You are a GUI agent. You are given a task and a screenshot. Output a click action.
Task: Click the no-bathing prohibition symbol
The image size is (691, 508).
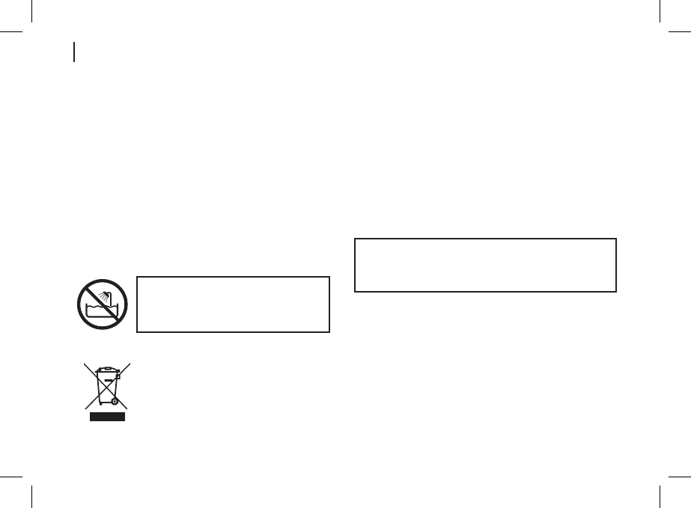(x=102, y=305)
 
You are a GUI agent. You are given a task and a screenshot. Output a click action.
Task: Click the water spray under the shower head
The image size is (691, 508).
(x=102, y=298)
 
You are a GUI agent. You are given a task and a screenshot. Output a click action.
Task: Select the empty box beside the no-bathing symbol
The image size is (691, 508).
(x=233, y=304)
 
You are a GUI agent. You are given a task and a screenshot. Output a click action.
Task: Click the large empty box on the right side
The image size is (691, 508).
(x=484, y=265)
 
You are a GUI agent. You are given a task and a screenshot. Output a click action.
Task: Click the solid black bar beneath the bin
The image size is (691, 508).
(x=106, y=417)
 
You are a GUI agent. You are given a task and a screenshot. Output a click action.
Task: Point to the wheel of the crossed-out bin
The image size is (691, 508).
(x=114, y=402)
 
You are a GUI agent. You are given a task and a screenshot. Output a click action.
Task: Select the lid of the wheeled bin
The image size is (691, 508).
(x=106, y=370)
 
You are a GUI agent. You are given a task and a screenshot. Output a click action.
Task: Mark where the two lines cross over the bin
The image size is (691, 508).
(x=106, y=385)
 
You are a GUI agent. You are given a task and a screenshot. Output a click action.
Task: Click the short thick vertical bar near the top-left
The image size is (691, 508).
(x=74, y=52)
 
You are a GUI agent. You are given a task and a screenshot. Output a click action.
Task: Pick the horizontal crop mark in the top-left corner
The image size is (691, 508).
(x=11, y=33)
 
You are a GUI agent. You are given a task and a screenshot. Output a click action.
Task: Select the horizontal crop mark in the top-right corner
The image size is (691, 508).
(x=679, y=33)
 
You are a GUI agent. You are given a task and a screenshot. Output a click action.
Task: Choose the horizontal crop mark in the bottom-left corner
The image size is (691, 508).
(x=11, y=474)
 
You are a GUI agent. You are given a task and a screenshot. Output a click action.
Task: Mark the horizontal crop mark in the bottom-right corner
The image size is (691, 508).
(x=679, y=474)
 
